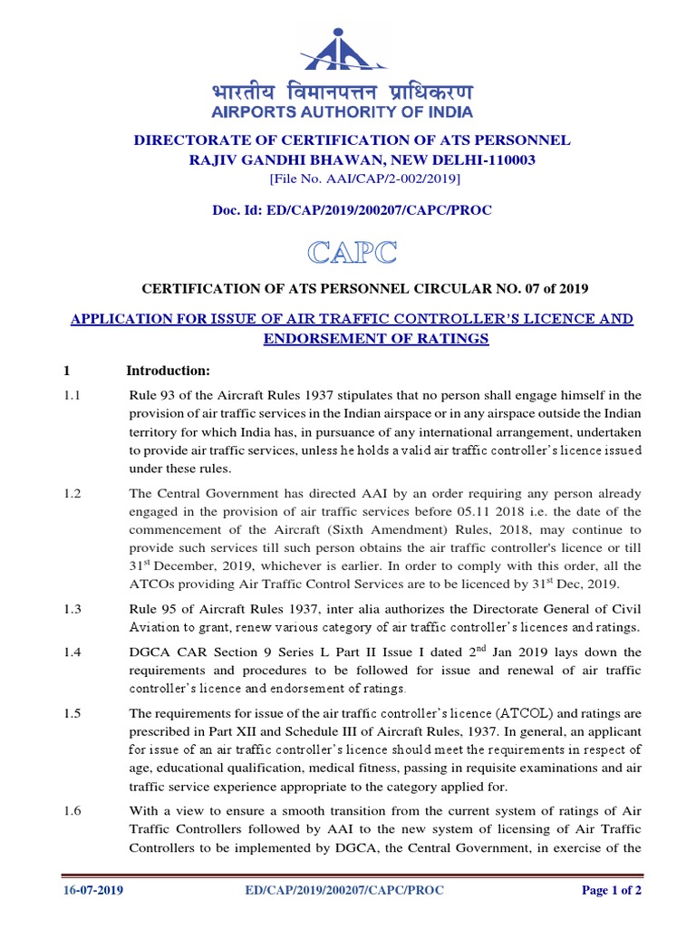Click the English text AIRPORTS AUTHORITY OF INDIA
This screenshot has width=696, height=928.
(343, 112)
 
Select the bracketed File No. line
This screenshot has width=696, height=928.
(352, 179)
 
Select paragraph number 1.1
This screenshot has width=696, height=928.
(72, 395)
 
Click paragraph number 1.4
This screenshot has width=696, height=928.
(72, 652)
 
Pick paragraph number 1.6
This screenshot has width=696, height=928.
(72, 812)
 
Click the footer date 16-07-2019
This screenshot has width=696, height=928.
(93, 890)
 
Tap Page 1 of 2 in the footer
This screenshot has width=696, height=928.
(612, 890)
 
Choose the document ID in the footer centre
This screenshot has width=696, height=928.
(344, 890)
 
